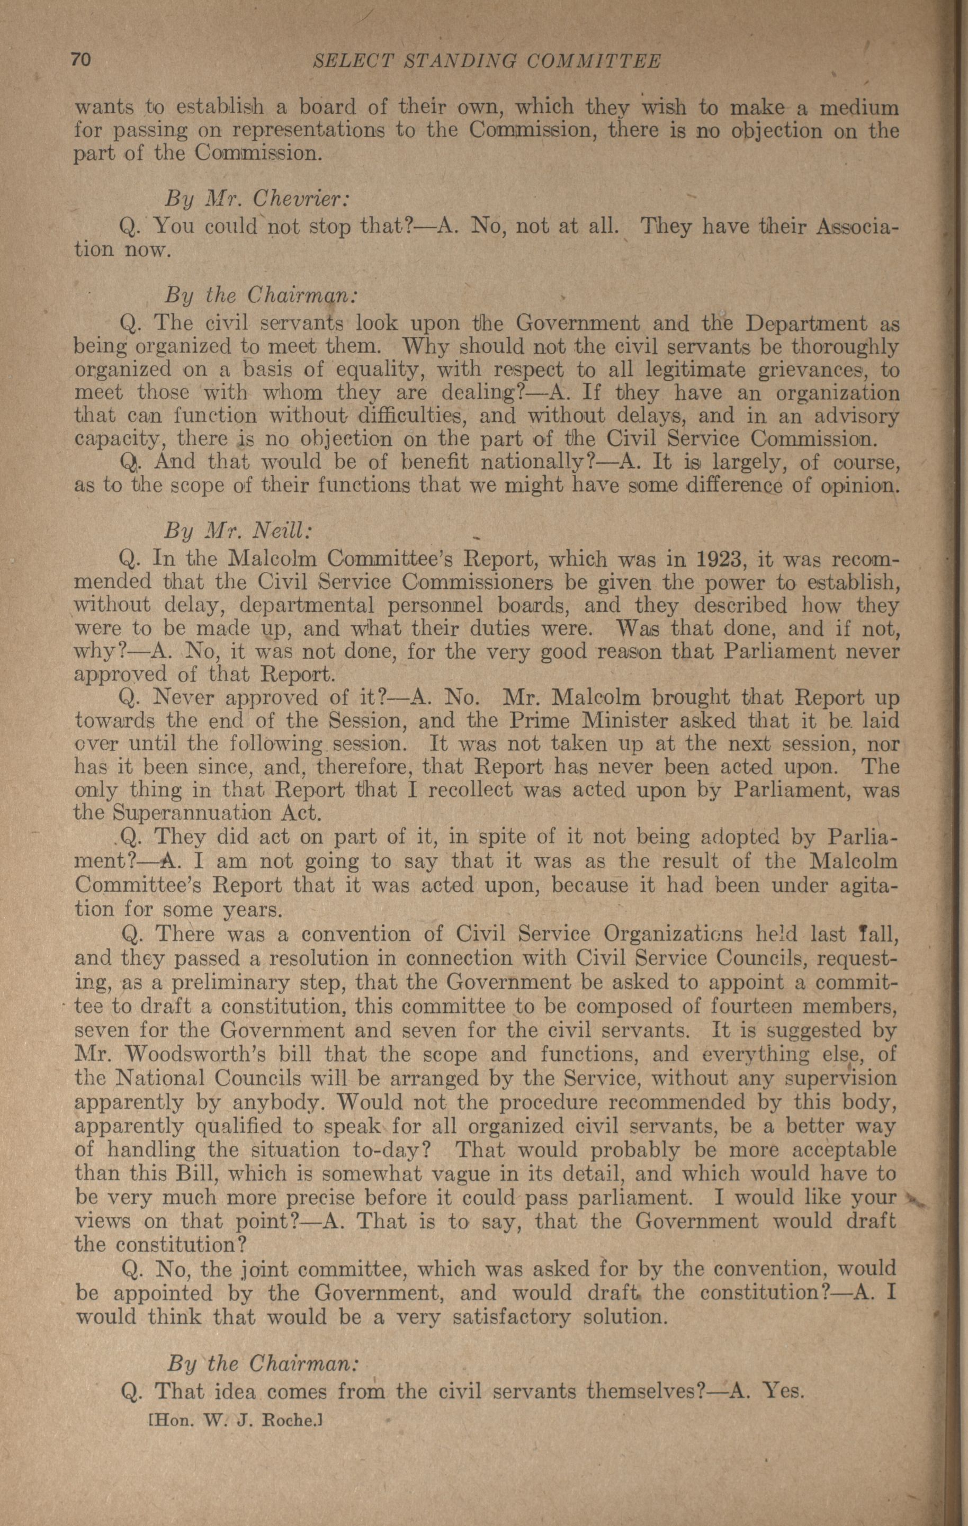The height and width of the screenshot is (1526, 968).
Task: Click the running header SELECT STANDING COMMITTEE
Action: (488, 61)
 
